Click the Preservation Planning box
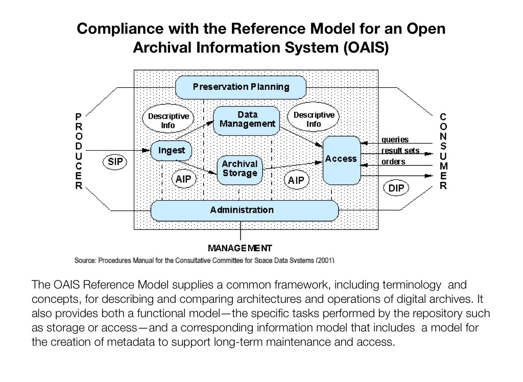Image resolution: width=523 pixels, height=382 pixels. pyautogui.click(x=241, y=87)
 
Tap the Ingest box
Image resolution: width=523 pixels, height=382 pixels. pyautogui.click(x=171, y=151)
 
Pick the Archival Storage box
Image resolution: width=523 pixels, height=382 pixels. pyautogui.click(x=240, y=169)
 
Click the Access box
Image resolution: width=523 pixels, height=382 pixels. pyautogui.click(x=341, y=159)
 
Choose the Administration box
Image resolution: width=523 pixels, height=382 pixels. pyautogui.click(x=242, y=210)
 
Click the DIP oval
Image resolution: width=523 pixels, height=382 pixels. pyautogui.click(x=396, y=188)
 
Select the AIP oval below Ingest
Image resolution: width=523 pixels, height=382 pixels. pyautogui.click(x=182, y=179)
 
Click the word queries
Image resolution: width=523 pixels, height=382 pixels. pyautogui.click(x=395, y=140)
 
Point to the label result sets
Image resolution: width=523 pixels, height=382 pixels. pyautogui.click(x=400, y=151)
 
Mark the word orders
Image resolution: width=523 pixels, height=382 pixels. pyautogui.click(x=393, y=162)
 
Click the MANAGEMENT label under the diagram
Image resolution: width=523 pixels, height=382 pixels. pyautogui.click(x=240, y=248)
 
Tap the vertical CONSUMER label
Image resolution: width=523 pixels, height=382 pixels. pyautogui.click(x=443, y=152)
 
